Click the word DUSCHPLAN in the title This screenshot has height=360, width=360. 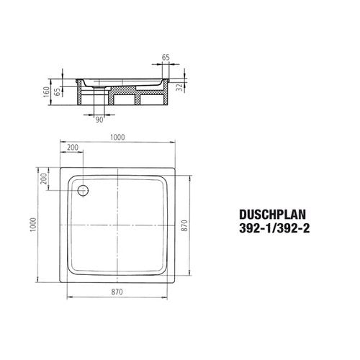coord(272,215)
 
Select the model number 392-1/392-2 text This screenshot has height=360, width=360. coord(274,228)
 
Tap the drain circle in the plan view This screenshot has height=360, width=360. coord(83,191)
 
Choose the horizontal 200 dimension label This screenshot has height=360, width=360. coord(73,147)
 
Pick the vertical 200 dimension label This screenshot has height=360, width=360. coord(44,179)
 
